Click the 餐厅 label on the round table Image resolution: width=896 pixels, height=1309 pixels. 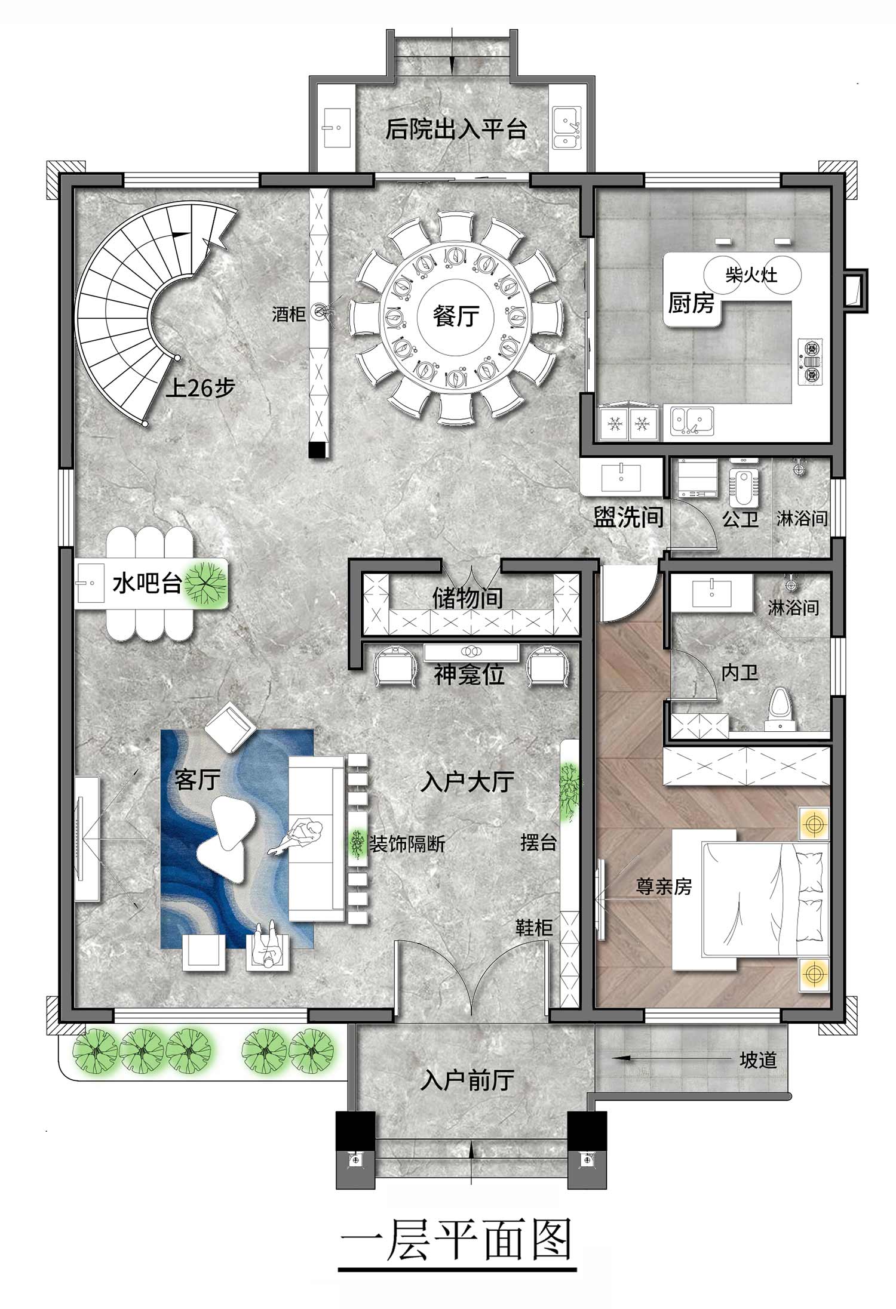tap(456, 316)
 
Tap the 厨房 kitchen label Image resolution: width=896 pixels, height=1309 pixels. tap(691, 303)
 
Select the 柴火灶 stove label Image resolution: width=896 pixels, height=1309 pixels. tap(751, 275)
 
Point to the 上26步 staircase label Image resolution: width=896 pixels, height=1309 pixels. tap(200, 389)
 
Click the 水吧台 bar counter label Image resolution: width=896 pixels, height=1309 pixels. tap(147, 583)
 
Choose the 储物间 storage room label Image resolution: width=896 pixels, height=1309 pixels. tap(468, 597)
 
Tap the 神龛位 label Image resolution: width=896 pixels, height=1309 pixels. tap(469, 674)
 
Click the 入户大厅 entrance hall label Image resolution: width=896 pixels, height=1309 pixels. tap(467, 781)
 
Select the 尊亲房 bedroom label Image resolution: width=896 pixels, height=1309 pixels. tap(664, 886)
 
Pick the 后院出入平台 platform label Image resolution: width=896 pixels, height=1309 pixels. tap(456, 129)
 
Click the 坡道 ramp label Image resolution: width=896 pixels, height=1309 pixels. tap(758, 1060)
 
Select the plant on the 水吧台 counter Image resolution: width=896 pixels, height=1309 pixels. tap(205, 583)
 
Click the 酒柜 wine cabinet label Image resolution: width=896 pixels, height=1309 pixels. tap(289, 314)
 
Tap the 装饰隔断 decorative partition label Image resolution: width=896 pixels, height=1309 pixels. tap(407, 844)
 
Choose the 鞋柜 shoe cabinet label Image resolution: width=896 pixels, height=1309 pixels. tap(534, 928)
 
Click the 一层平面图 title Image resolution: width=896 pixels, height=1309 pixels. tap(457, 1239)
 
